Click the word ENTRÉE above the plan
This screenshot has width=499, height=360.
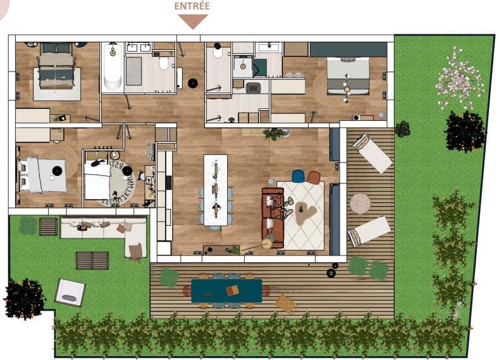point(192,6)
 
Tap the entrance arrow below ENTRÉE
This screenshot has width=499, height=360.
point(193,22)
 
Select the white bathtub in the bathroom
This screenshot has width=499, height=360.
point(113,68)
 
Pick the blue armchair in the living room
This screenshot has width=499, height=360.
point(298,177)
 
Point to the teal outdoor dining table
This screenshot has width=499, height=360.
point(226,290)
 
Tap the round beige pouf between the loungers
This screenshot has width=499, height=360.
point(360,204)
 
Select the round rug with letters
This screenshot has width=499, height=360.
point(118,179)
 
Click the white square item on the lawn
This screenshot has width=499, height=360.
point(70,292)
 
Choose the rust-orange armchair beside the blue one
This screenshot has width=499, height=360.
point(314,178)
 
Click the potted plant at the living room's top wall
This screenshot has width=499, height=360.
point(274,133)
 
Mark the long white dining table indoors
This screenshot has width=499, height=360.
point(215,189)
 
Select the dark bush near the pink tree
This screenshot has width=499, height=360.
point(465,131)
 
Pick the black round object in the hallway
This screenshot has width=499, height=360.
point(193,83)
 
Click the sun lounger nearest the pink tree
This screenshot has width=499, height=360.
point(373,152)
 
